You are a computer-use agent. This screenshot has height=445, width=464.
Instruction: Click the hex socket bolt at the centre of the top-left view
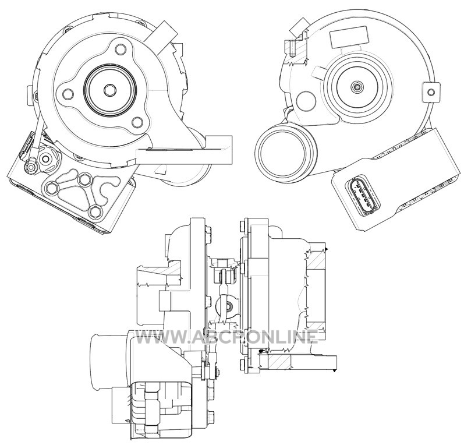point(110,90)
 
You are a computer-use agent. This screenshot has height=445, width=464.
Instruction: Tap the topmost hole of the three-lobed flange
point(120,49)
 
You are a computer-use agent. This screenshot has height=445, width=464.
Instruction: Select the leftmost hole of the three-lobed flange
point(68,94)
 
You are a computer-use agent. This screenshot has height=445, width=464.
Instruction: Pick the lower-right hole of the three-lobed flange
point(137,122)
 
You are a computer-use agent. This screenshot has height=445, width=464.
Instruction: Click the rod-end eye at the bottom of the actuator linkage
point(31,167)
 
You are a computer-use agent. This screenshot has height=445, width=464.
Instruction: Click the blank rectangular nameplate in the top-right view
point(349,37)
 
